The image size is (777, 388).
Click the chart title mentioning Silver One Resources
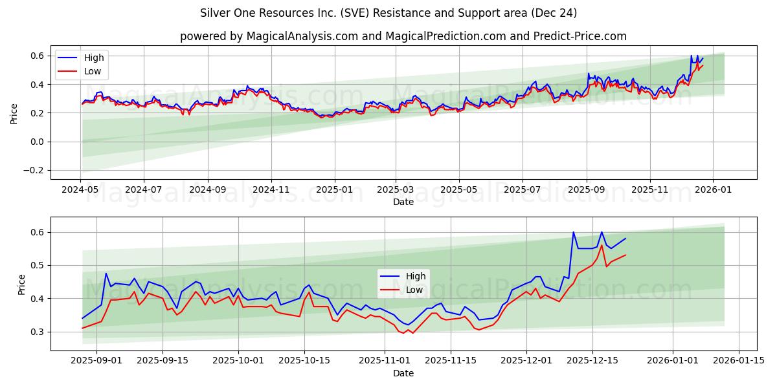[388, 13]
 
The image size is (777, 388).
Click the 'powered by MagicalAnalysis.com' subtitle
[403, 36]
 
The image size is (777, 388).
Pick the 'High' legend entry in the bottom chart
[415, 276]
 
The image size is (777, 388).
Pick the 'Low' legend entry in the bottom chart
[414, 290]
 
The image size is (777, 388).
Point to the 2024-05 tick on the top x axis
[81, 189]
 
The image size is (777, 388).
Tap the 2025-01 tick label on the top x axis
[335, 189]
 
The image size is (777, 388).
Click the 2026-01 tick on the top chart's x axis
[713, 189]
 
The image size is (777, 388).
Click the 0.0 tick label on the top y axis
[38, 142]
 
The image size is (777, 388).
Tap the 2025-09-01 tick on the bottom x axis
[96, 361]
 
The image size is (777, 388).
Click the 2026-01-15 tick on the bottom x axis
[739, 361]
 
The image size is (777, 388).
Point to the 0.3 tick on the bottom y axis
[38, 332]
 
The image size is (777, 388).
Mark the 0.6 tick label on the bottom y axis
[38, 232]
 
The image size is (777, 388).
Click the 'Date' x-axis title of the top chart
[403, 202]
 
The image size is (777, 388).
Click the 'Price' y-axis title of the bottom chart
[22, 285]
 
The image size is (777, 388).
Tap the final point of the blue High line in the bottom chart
[625, 239]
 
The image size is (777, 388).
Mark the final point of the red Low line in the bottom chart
[625, 255]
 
